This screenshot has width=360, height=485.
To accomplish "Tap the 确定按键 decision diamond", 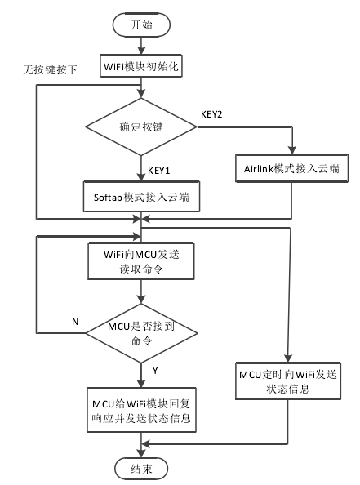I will coord(144,127).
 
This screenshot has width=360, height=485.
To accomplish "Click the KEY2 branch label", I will coord(216,114).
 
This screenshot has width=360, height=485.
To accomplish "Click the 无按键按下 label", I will coord(51,69).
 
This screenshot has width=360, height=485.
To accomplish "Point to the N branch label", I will coord(75,322).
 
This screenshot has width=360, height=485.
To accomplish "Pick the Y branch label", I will coord(154,372).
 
